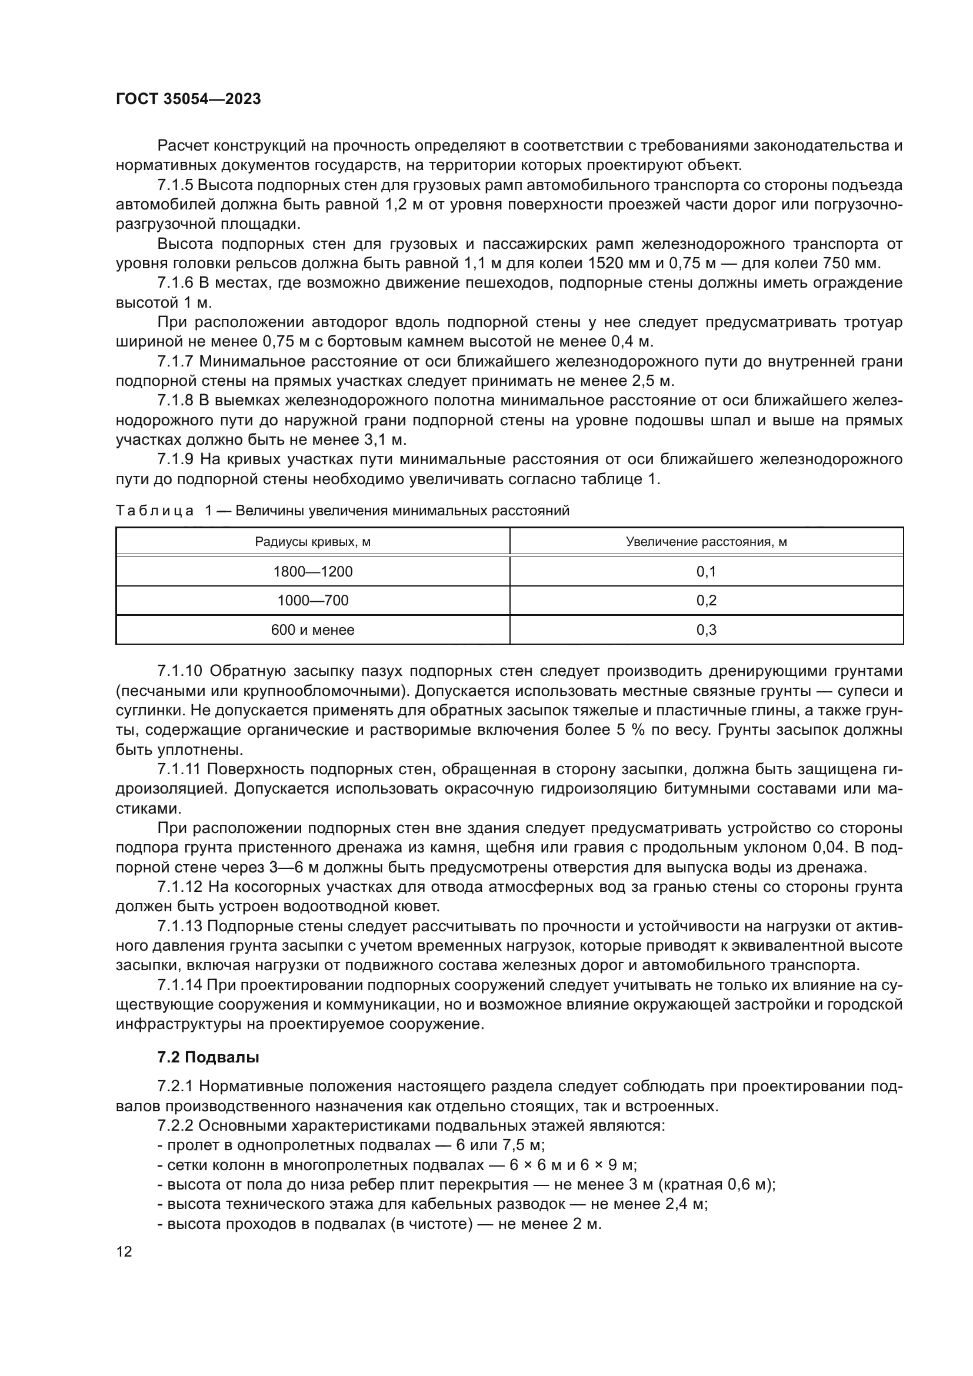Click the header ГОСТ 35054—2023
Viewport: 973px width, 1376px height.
coord(188,99)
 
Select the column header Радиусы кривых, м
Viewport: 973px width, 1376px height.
coord(313,542)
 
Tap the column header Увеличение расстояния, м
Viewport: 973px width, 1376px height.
coord(707,542)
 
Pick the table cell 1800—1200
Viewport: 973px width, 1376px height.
coord(313,571)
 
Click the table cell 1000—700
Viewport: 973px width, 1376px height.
coord(313,601)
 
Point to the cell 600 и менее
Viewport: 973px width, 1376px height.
coord(313,630)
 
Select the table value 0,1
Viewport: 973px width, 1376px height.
coord(707,571)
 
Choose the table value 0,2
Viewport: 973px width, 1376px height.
coord(707,601)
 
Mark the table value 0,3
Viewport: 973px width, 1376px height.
coord(707,630)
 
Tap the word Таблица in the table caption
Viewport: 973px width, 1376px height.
coord(155,511)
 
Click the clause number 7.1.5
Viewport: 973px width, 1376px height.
coord(176,185)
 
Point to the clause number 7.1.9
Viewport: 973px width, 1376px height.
coord(176,459)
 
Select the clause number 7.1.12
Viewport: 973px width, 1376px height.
coord(181,887)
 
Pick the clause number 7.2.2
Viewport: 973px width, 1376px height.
coord(176,1126)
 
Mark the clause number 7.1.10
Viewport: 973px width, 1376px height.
coord(181,671)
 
